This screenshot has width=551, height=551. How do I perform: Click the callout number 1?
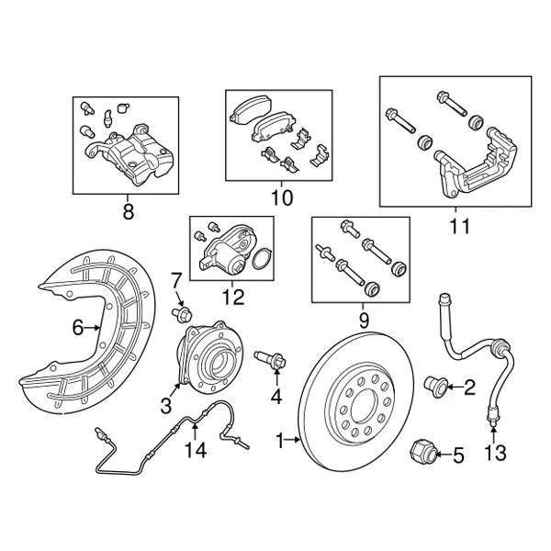(x=280, y=442)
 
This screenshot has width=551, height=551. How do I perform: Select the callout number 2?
(x=469, y=388)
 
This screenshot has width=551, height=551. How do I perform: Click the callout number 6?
(x=78, y=325)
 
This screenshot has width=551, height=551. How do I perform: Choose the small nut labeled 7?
(x=180, y=315)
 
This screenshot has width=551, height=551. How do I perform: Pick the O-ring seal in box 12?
(x=261, y=261)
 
